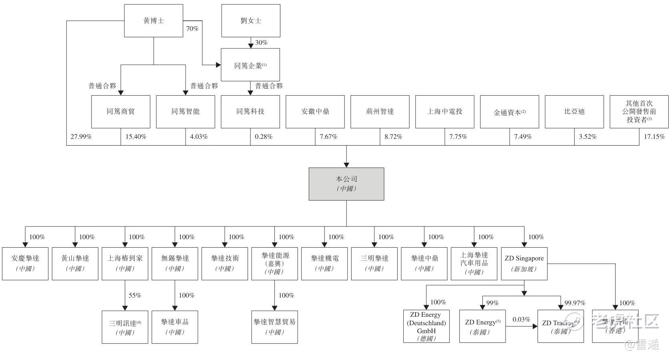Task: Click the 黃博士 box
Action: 154,21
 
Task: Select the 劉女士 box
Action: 251,21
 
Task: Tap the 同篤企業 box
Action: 250,65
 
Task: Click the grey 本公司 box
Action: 346,184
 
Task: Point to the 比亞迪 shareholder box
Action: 574,112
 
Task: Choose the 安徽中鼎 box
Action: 315,112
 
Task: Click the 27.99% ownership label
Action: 81,137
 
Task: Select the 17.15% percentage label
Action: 654,137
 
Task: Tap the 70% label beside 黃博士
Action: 192,29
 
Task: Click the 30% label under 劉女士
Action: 261,43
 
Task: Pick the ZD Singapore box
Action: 524,263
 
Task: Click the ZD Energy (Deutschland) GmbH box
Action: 426,326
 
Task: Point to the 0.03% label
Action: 522,320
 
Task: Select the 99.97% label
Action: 575,303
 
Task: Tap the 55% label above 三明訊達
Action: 135,296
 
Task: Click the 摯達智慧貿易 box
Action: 274,326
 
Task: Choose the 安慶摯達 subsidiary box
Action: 25,263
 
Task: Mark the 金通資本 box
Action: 510,112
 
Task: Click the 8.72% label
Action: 394,137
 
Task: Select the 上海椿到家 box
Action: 125,263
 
